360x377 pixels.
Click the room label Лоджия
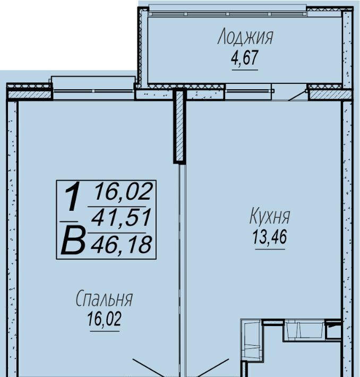[x=245, y=37]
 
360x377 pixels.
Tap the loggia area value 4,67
[x=245, y=58]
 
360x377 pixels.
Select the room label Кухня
[x=270, y=216]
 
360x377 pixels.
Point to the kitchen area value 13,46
[x=270, y=237]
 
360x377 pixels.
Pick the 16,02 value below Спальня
[x=105, y=319]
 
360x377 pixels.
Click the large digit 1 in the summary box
[x=72, y=196]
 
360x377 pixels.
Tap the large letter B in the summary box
[x=73, y=241]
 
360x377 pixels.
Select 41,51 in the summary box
[x=121, y=218]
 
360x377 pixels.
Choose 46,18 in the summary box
[x=121, y=244]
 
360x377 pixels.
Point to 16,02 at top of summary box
[x=123, y=191]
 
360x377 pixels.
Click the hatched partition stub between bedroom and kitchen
[x=179, y=126]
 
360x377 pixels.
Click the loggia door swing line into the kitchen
[x=297, y=96]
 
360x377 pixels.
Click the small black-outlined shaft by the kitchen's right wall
[x=333, y=328]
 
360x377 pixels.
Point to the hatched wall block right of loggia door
[x=330, y=95]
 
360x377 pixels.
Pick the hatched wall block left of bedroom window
[x=30, y=95]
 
